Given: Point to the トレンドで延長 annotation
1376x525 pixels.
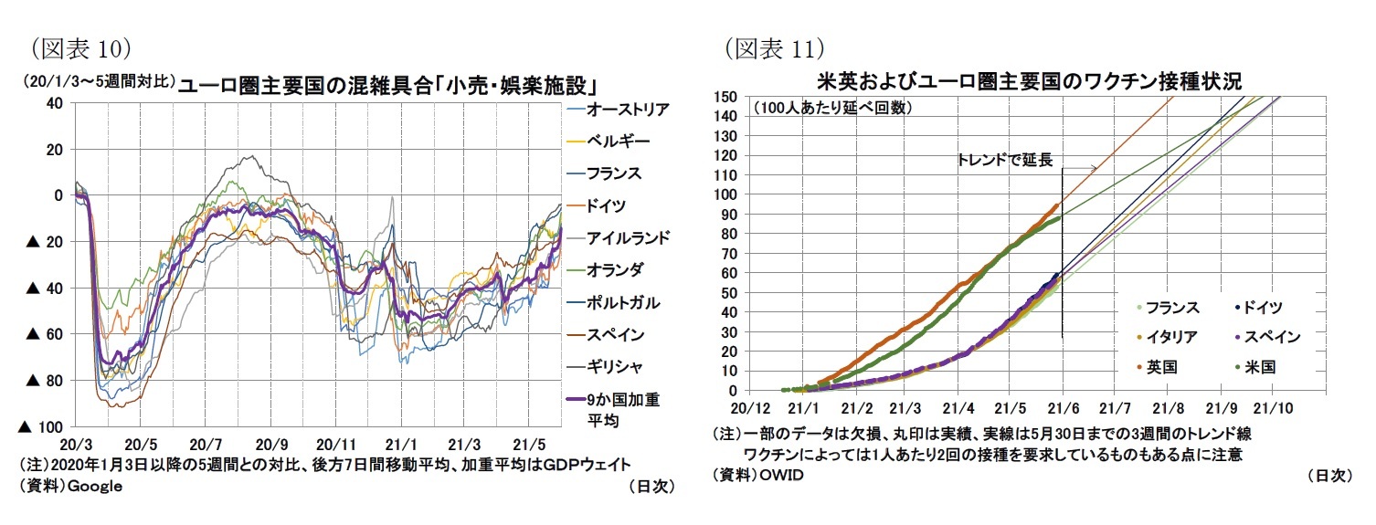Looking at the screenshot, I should click(1004, 160).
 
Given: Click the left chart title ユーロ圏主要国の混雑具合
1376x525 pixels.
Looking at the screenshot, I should click(387, 86).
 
